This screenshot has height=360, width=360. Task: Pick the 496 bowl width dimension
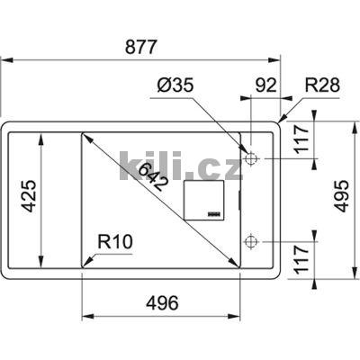(x=163, y=303)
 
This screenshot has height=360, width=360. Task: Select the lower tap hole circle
(x=251, y=241)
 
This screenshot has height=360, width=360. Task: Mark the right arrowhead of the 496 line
(x=240, y=317)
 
